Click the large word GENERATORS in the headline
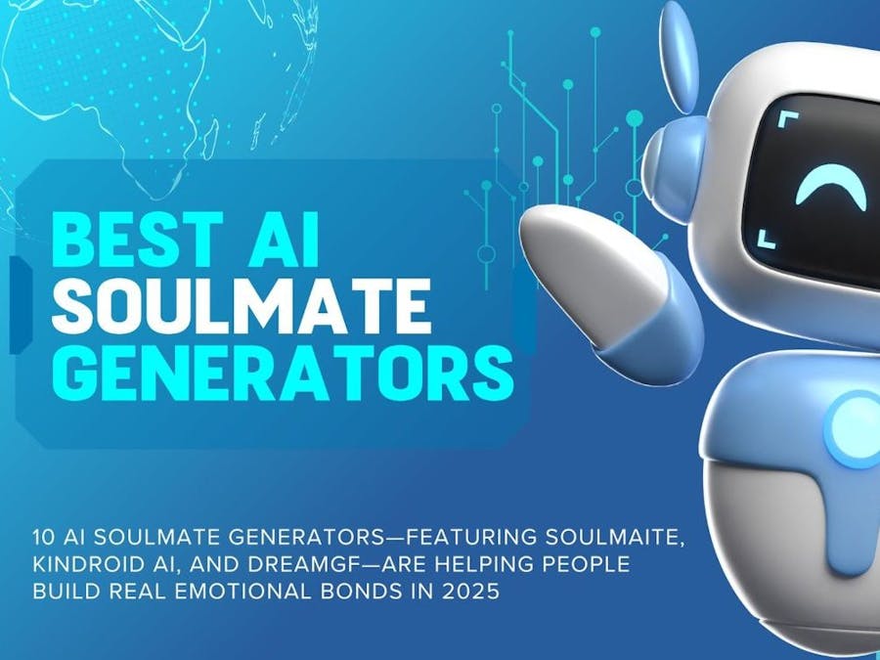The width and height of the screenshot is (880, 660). (282, 374)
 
